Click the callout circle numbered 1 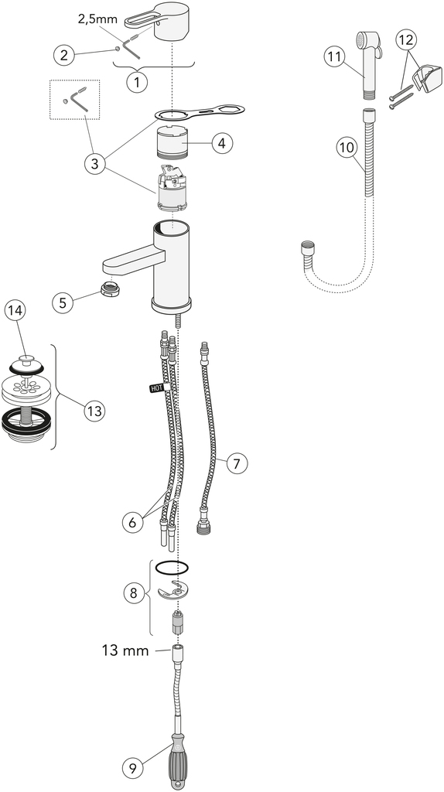click(136, 80)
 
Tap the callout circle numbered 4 click(223, 143)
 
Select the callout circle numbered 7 click(237, 463)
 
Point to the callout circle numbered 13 click(94, 411)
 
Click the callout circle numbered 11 click(334, 56)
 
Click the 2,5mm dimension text click(97, 19)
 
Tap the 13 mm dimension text click(125, 650)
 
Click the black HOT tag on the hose click(156, 389)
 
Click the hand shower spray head click(368, 56)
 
